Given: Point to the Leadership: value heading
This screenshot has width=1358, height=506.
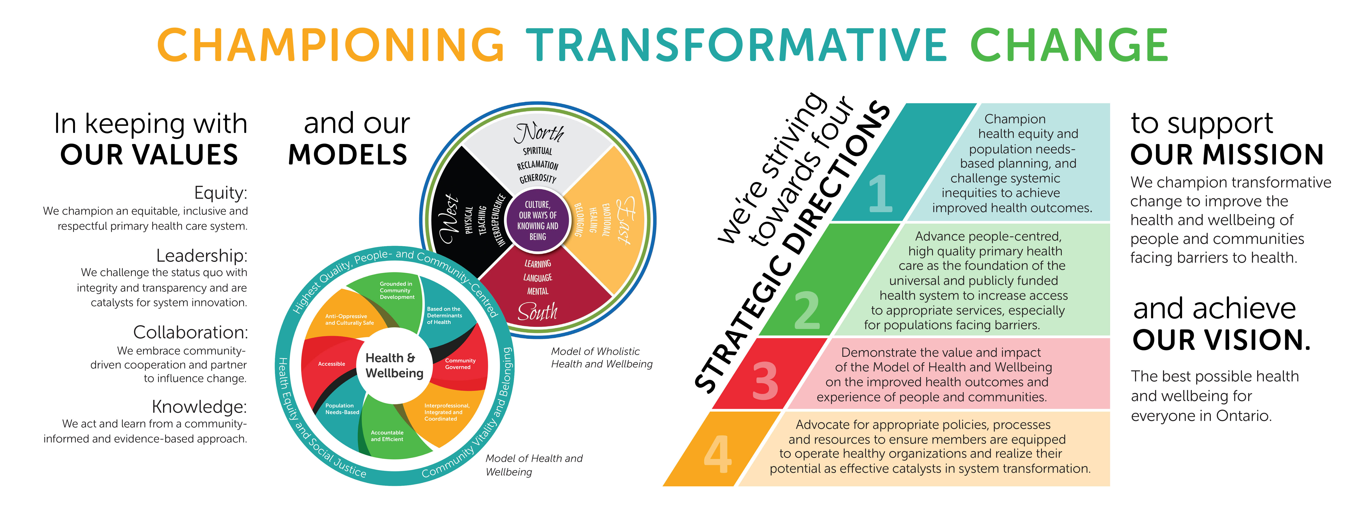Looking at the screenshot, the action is [x=202, y=256].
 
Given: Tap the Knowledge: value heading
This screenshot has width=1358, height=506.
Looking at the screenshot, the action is [x=199, y=407].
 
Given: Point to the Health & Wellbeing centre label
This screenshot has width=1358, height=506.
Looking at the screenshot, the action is [x=394, y=365].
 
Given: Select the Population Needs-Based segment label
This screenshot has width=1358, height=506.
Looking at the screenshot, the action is [x=342, y=409].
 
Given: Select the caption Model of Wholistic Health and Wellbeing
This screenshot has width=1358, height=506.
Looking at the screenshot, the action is [x=601, y=358].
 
